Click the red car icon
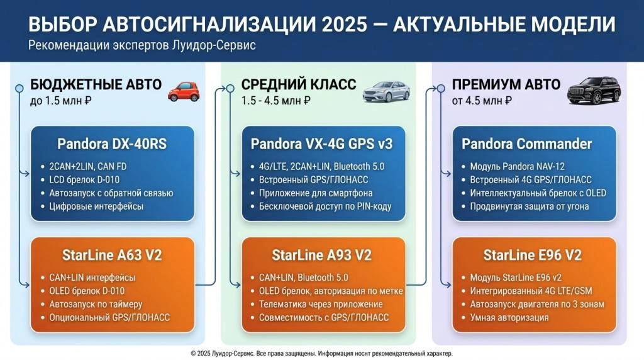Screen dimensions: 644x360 [x=184, y=91]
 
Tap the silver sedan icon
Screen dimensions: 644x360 [x=386, y=91]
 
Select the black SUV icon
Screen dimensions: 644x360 [x=594, y=90]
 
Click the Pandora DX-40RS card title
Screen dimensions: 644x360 [x=112, y=144]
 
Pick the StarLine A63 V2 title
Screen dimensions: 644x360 [x=112, y=255]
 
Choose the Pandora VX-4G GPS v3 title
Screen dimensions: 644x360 [x=321, y=144]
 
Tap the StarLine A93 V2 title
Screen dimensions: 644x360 [x=321, y=255]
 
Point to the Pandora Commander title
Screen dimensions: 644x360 [x=526, y=144]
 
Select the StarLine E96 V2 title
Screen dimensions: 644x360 [x=533, y=255]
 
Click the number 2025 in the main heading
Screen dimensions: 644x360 [x=345, y=25]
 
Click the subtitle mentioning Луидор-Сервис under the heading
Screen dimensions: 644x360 [x=142, y=45]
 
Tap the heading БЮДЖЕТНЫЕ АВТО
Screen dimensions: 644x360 [x=96, y=84]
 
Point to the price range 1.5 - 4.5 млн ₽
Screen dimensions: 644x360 [x=275, y=100]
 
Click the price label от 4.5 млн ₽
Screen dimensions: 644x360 [x=482, y=100]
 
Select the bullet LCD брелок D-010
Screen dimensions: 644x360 [x=84, y=179]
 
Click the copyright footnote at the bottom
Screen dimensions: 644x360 [x=321, y=354]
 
